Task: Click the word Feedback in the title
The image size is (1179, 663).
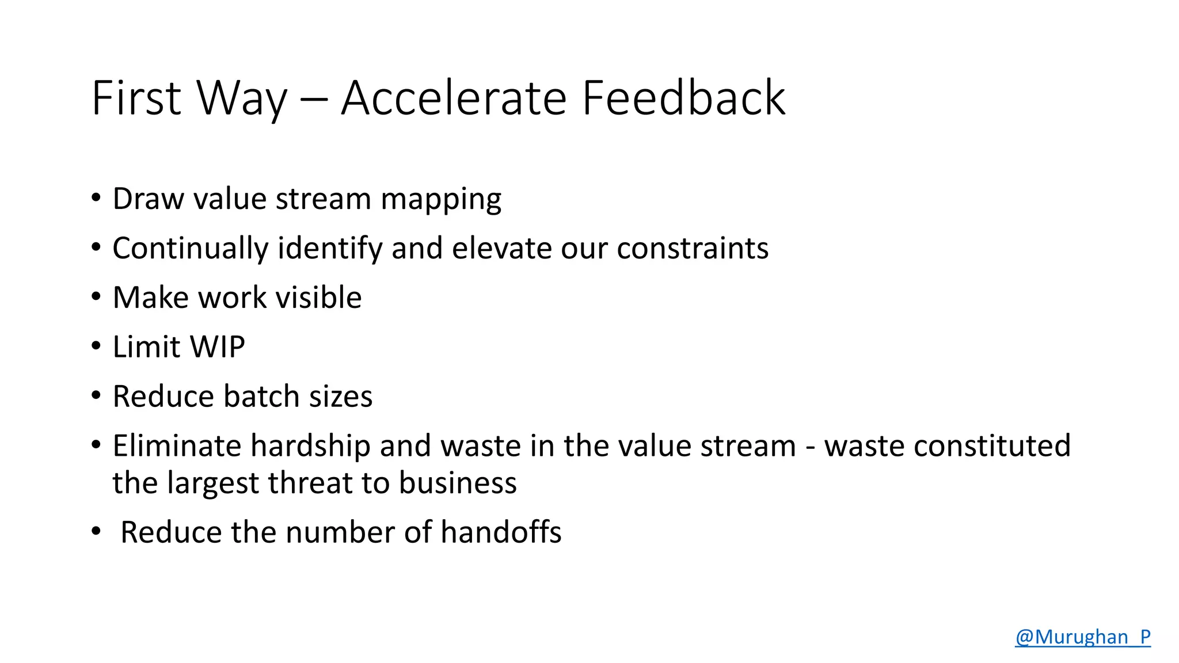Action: (683, 98)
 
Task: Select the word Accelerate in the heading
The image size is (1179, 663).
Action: (454, 98)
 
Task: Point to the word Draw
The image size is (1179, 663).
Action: (149, 199)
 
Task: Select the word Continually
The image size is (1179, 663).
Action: (191, 249)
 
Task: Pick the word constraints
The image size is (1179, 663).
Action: (693, 249)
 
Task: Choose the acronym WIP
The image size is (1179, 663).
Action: (218, 347)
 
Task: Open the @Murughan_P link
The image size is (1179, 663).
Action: (1082, 637)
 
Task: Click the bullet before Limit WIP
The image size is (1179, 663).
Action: (96, 346)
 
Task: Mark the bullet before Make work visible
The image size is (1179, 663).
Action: (96, 296)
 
